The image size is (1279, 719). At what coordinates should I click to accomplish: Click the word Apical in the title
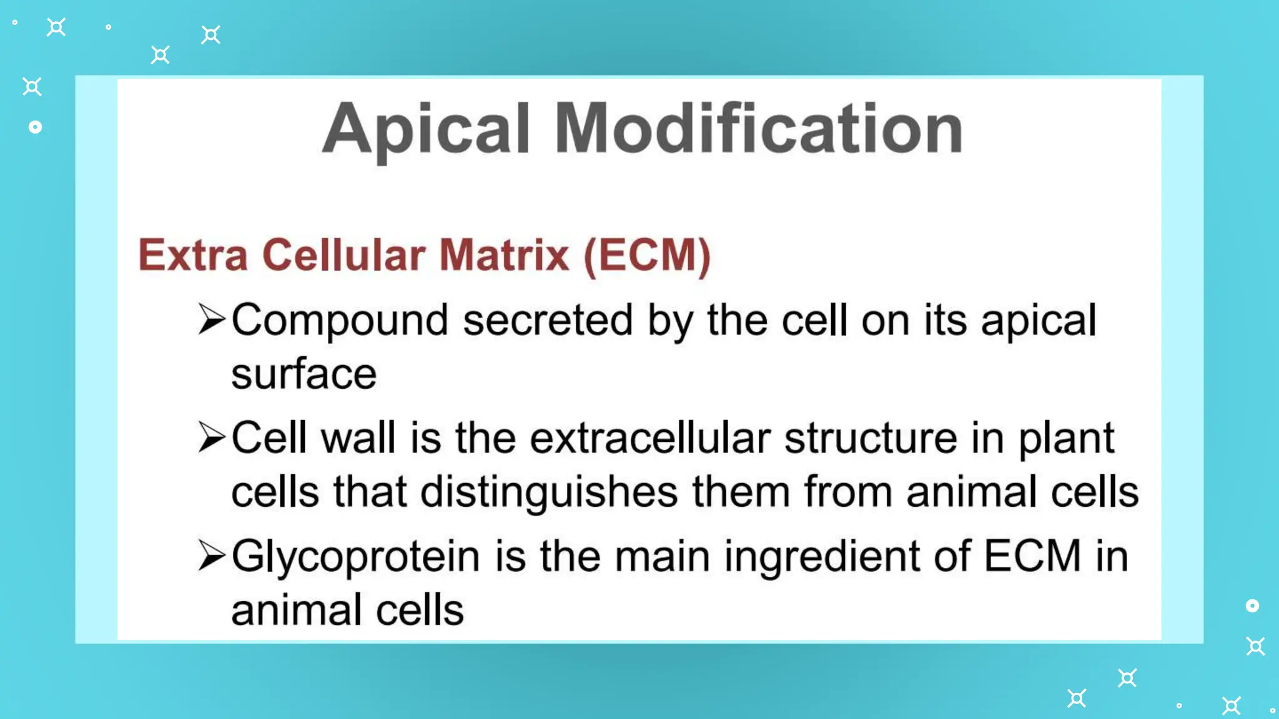tap(427, 129)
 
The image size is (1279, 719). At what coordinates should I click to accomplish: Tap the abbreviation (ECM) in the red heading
tap(647, 255)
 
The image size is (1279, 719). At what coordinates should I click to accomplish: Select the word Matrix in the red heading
tap(504, 255)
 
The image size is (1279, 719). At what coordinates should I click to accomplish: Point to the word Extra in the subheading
tap(193, 255)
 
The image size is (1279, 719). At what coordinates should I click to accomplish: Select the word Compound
tap(340, 320)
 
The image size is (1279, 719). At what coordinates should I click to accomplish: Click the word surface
tap(304, 374)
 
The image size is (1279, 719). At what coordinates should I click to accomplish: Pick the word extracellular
tap(650, 438)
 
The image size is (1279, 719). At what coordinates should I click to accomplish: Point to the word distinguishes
tap(549, 492)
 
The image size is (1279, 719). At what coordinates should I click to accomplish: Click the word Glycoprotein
tap(355, 557)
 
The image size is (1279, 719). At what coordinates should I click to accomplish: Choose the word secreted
tap(548, 320)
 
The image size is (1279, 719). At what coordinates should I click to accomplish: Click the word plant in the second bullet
tap(1066, 439)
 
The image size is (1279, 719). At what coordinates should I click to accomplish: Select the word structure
tap(871, 438)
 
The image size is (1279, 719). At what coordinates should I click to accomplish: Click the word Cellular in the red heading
tap(343, 255)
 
